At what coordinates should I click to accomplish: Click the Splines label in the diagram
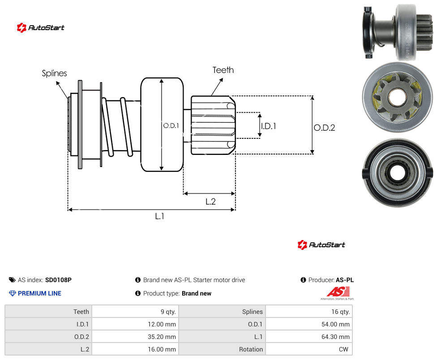point(54,73)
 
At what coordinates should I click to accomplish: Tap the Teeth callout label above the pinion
point(223,70)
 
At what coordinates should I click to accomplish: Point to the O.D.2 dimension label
point(325,128)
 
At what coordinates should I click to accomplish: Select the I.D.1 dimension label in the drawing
point(269,126)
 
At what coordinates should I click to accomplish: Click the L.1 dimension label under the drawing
point(159,216)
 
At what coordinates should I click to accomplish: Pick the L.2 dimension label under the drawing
point(210,201)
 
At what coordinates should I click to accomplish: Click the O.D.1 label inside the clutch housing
point(171,126)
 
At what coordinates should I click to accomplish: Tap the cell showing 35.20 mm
point(135,337)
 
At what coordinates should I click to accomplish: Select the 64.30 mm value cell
point(309,337)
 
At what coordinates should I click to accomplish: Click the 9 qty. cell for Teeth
point(135,312)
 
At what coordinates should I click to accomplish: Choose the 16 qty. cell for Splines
point(309,312)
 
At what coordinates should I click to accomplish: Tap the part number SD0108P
point(58,280)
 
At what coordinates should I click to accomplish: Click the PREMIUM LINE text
point(39,293)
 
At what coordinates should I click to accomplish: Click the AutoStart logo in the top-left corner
point(40,28)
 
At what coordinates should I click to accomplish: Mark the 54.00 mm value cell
point(309,324)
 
